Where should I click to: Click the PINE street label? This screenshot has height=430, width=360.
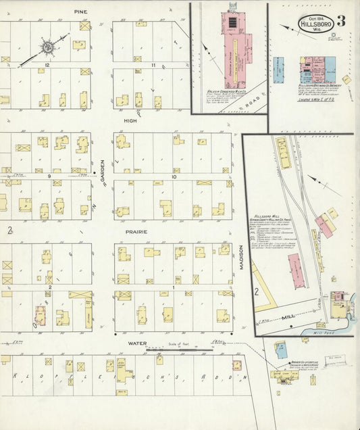[x=81, y=12]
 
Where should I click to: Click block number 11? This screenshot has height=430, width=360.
[x=153, y=65]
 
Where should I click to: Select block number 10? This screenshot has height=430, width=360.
[x=174, y=176]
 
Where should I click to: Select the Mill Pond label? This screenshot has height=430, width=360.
[x=321, y=333]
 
